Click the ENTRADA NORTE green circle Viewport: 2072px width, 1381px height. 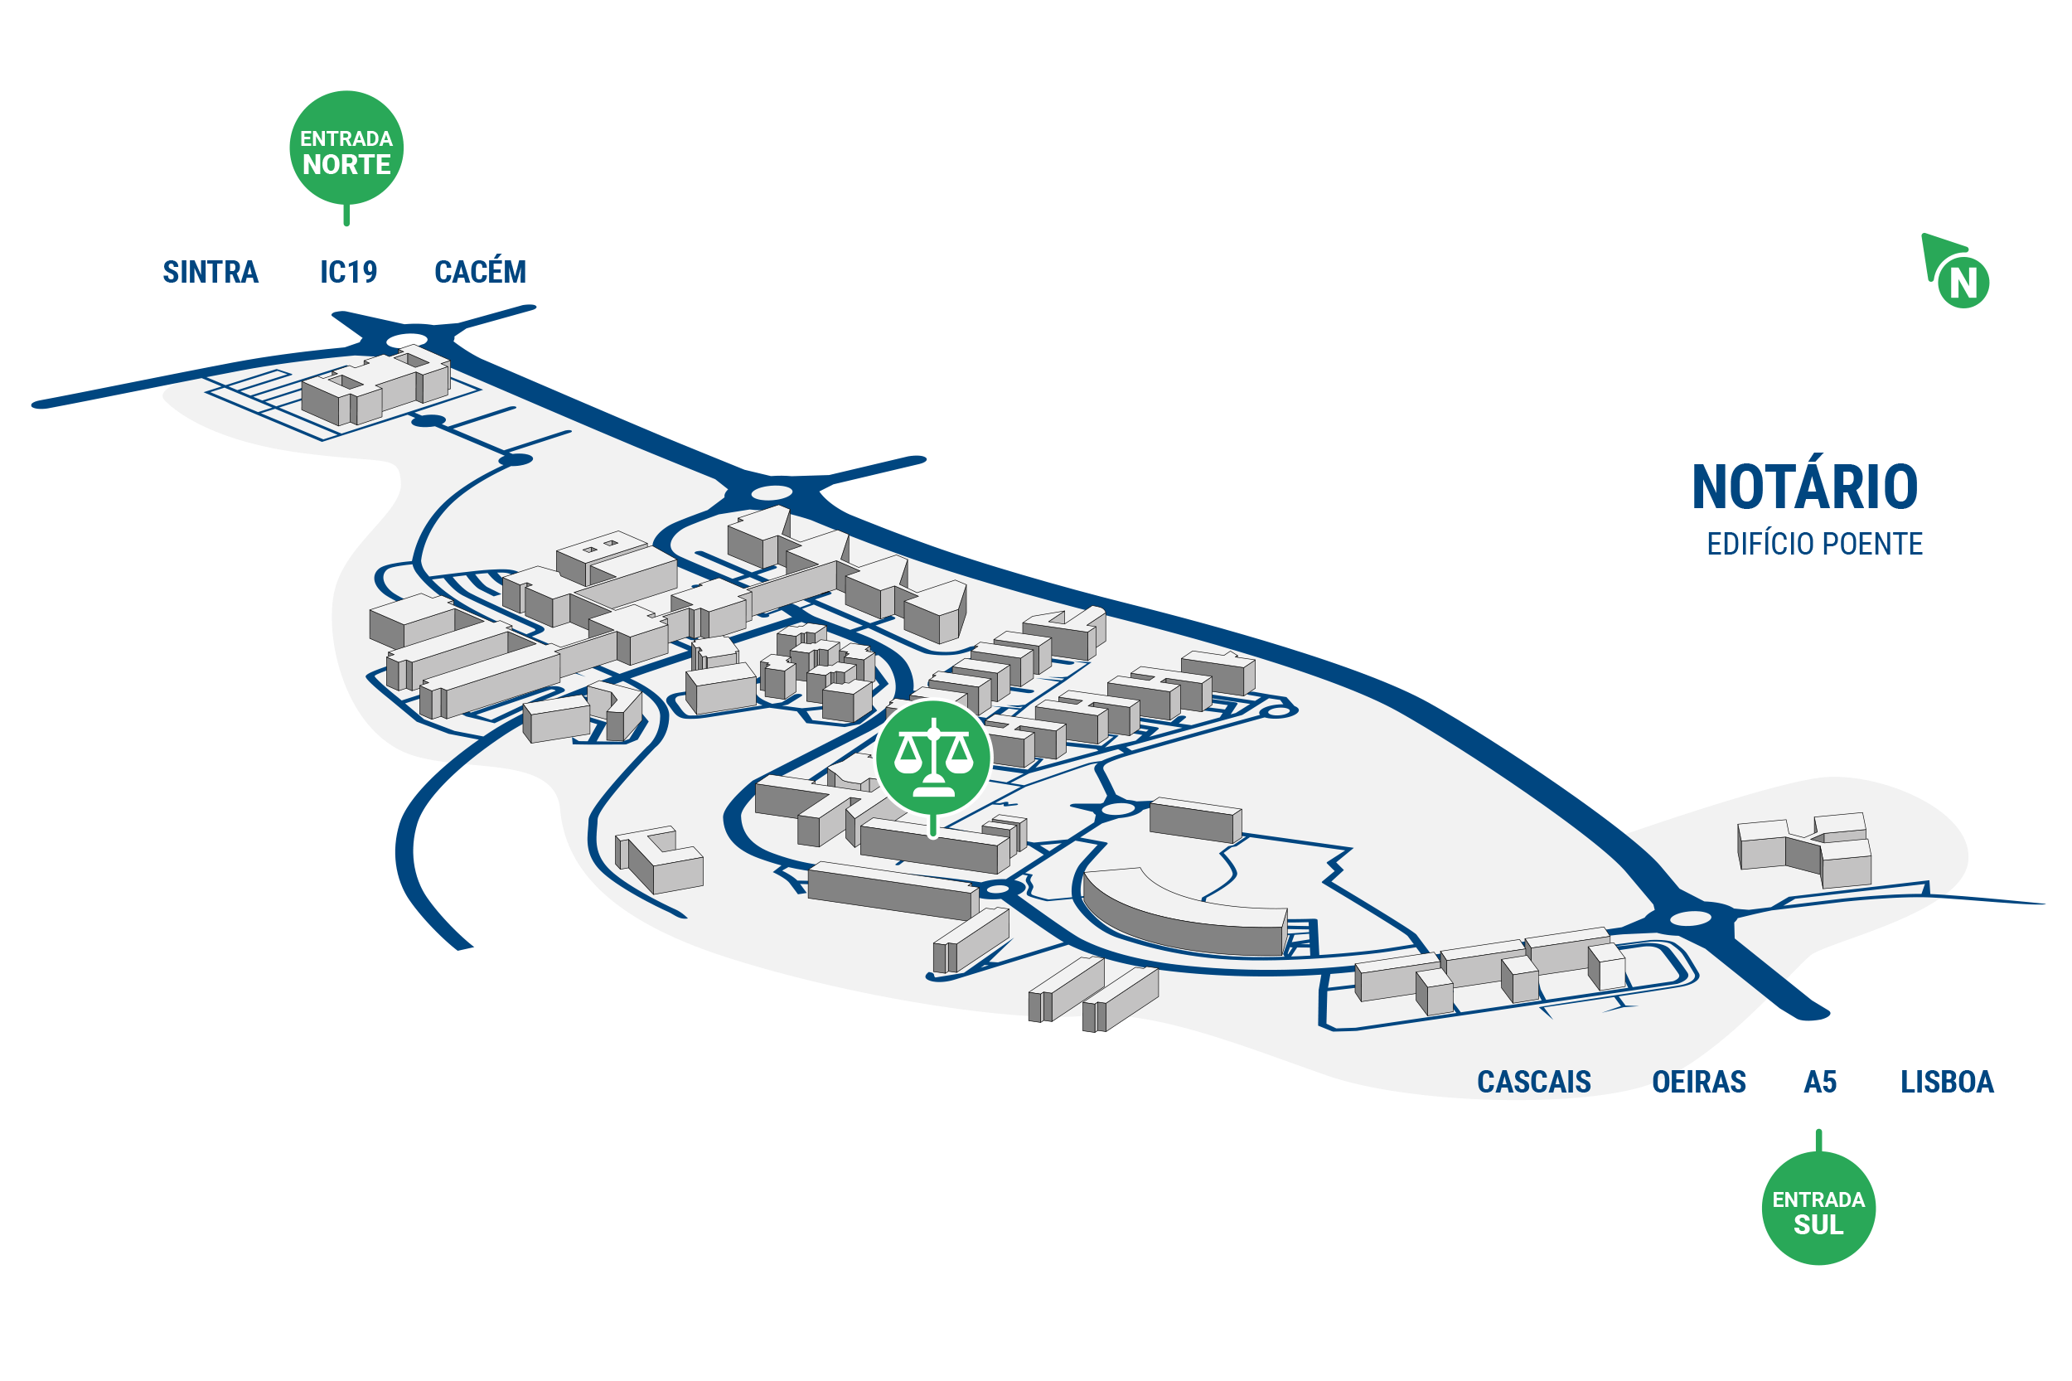tap(346, 148)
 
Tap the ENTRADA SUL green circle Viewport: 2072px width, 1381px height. tap(1818, 1208)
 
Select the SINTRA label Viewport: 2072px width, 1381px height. tap(211, 272)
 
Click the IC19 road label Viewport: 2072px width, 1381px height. tap(349, 272)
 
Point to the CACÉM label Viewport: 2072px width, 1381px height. tap(480, 269)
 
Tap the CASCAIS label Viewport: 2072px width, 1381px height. tap(1533, 1082)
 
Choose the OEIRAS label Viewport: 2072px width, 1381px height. tap(1699, 1082)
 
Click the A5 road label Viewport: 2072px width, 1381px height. tap(1820, 1082)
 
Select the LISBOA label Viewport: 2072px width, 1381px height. tap(1947, 1082)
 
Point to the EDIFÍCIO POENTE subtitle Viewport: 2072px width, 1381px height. tap(1814, 545)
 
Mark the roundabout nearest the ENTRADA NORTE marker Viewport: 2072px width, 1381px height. tap(407, 340)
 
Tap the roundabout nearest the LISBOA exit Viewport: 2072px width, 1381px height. tap(1690, 919)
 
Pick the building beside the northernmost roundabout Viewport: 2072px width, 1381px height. tap(376, 389)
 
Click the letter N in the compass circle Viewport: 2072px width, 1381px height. tap(1963, 283)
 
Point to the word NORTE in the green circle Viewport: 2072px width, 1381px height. tap(346, 165)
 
